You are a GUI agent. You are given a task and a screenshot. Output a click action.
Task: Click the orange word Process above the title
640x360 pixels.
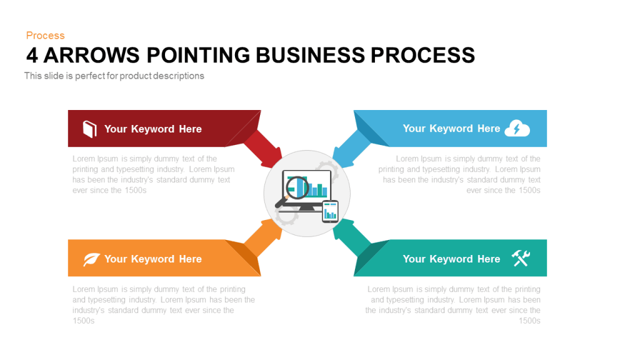click(45, 36)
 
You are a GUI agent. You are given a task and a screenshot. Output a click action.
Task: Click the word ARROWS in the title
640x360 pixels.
click(91, 55)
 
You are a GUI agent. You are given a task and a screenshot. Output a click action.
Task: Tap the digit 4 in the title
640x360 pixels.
click(32, 55)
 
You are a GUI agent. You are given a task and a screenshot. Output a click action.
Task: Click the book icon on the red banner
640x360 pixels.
click(90, 129)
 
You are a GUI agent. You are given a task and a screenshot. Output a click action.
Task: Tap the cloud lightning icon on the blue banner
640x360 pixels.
click(517, 128)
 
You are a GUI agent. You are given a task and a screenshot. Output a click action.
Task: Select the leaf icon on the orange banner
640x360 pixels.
click(91, 259)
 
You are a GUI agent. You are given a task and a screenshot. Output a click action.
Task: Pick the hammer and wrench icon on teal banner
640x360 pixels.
click(521, 258)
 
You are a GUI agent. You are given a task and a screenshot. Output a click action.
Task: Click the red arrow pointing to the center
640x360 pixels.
click(263, 149)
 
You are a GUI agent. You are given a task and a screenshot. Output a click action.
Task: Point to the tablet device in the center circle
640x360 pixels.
click(330, 211)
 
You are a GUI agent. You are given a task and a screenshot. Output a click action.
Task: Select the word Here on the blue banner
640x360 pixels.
click(489, 129)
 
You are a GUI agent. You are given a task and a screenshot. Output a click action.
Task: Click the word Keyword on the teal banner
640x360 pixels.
click(451, 259)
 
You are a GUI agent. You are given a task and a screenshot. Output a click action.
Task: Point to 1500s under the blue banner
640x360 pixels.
click(529, 190)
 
